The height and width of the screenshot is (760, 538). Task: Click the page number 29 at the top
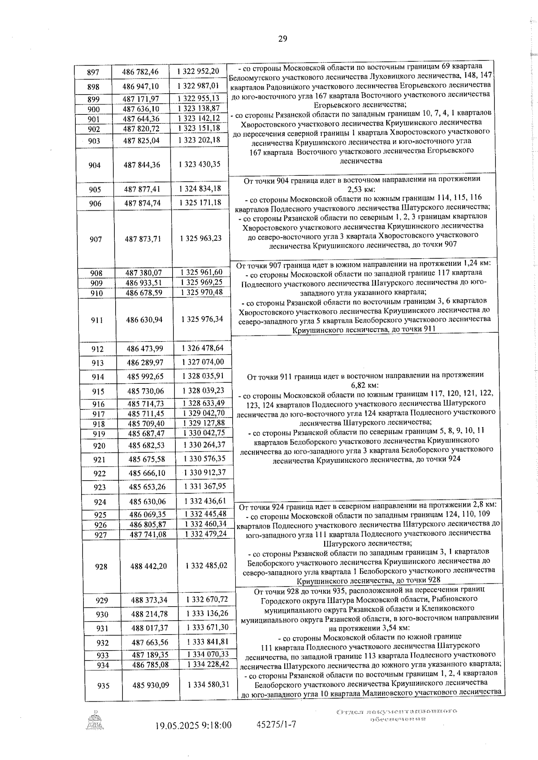282,39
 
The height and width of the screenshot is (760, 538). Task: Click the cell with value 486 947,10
141,86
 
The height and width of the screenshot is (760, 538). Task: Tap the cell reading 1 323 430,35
199,165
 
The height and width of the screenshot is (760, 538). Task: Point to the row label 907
96,239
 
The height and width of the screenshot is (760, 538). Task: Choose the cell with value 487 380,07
143,273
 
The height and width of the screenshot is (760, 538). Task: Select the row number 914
98,377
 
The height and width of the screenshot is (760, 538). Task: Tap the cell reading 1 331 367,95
204,486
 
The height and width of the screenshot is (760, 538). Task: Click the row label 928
101,567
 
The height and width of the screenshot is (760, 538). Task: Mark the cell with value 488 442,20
148,566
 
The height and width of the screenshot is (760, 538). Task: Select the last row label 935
103,686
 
